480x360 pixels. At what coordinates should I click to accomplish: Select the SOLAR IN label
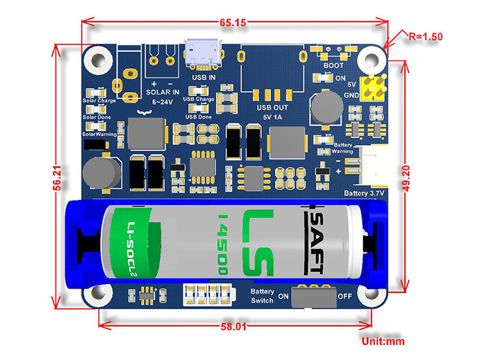click(x=163, y=92)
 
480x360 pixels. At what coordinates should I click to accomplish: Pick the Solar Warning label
click(x=99, y=134)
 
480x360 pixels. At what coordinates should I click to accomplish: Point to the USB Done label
click(x=198, y=117)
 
